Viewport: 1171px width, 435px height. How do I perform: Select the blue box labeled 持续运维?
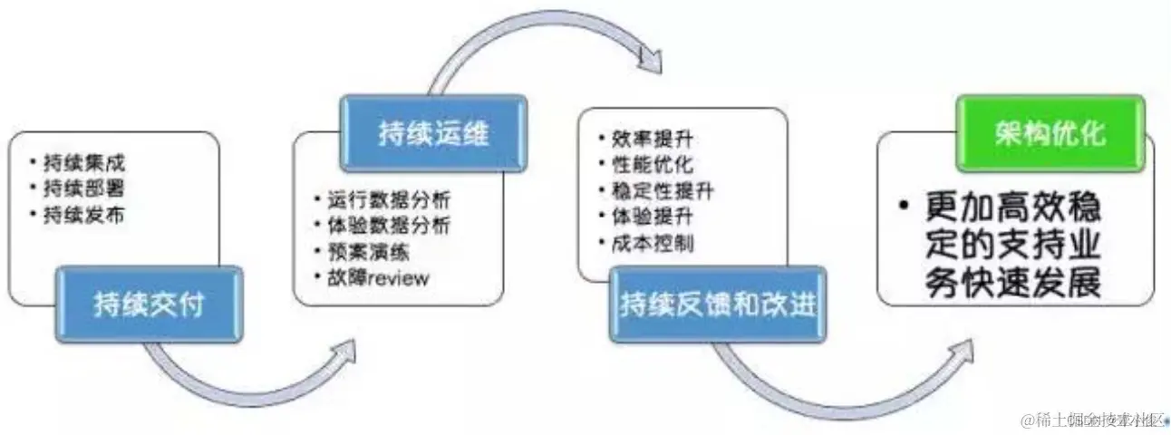pos(432,134)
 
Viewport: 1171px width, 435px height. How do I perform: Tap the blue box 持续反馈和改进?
pos(716,304)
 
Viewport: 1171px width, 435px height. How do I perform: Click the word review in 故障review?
pos(395,276)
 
